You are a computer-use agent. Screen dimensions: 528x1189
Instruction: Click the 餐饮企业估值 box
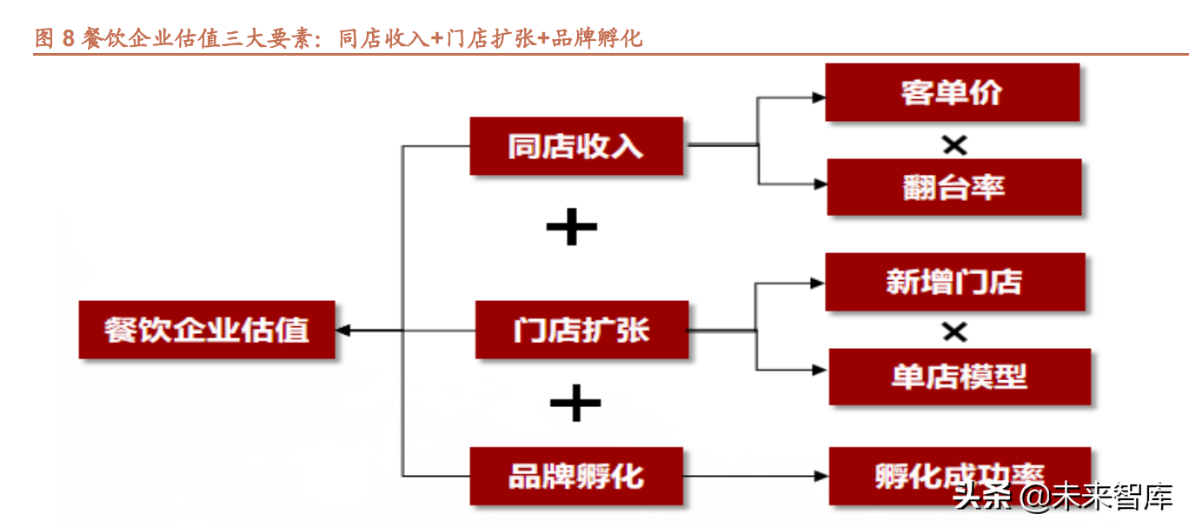pyautogui.click(x=207, y=330)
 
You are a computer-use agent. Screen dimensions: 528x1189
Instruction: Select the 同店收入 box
pyautogui.click(x=576, y=146)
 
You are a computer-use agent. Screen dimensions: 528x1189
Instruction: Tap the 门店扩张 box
pyautogui.click(x=581, y=330)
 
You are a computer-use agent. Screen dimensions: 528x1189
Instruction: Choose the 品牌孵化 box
pyautogui.click(x=576, y=476)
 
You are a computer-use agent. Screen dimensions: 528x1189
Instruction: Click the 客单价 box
pyautogui.click(x=952, y=92)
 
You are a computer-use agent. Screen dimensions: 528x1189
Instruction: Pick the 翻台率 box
pyautogui.click(x=953, y=186)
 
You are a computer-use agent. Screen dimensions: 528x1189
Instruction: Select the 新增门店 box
pyautogui.click(x=954, y=282)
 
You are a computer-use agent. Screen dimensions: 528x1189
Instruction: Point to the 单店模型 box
pyautogui.click(x=960, y=377)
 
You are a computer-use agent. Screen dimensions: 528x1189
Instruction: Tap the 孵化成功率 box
pyautogui.click(x=960, y=476)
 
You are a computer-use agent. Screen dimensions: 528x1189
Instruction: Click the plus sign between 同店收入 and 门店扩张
pyautogui.click(x=571, y=228)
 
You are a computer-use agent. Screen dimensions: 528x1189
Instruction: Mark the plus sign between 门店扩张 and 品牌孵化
pyautogui.click(x=575, y=403)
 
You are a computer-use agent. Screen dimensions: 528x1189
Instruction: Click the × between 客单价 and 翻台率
pyautogui.click(x=954, y=145)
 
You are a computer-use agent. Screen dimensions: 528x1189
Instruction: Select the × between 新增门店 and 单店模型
pyautogui.click(x=954, y=331)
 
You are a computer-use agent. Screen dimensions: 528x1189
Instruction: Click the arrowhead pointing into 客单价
pyautogui.click(x=818, y=97)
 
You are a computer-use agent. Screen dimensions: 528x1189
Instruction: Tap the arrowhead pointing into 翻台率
pyautogui.click(x=819, y=184)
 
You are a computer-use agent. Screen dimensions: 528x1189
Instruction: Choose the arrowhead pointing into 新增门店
pyautogui.click(x=818, y=283)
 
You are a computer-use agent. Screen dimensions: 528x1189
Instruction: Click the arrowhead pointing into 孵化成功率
pyautogui.click(x=820, y=476)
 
